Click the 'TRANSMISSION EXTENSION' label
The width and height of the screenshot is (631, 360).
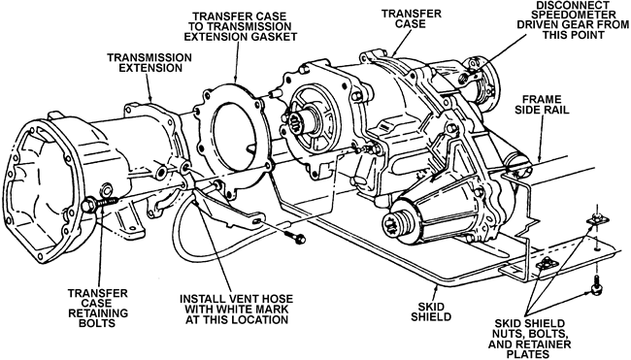149,63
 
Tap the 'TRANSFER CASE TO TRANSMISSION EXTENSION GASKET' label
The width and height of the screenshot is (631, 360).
241,26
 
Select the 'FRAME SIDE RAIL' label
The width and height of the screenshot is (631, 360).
542,104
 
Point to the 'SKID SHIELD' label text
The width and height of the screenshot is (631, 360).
431,311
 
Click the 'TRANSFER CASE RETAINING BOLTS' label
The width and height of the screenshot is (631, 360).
98,308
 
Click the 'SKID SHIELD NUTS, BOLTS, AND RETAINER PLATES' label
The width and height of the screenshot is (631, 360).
530,339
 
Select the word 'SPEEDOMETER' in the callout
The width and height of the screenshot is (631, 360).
573,15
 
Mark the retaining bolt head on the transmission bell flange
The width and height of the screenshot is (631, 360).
89,206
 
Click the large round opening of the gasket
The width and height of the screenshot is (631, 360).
234,137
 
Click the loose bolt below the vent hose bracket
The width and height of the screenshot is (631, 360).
295,238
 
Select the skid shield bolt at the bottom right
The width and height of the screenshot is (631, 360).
596,286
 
